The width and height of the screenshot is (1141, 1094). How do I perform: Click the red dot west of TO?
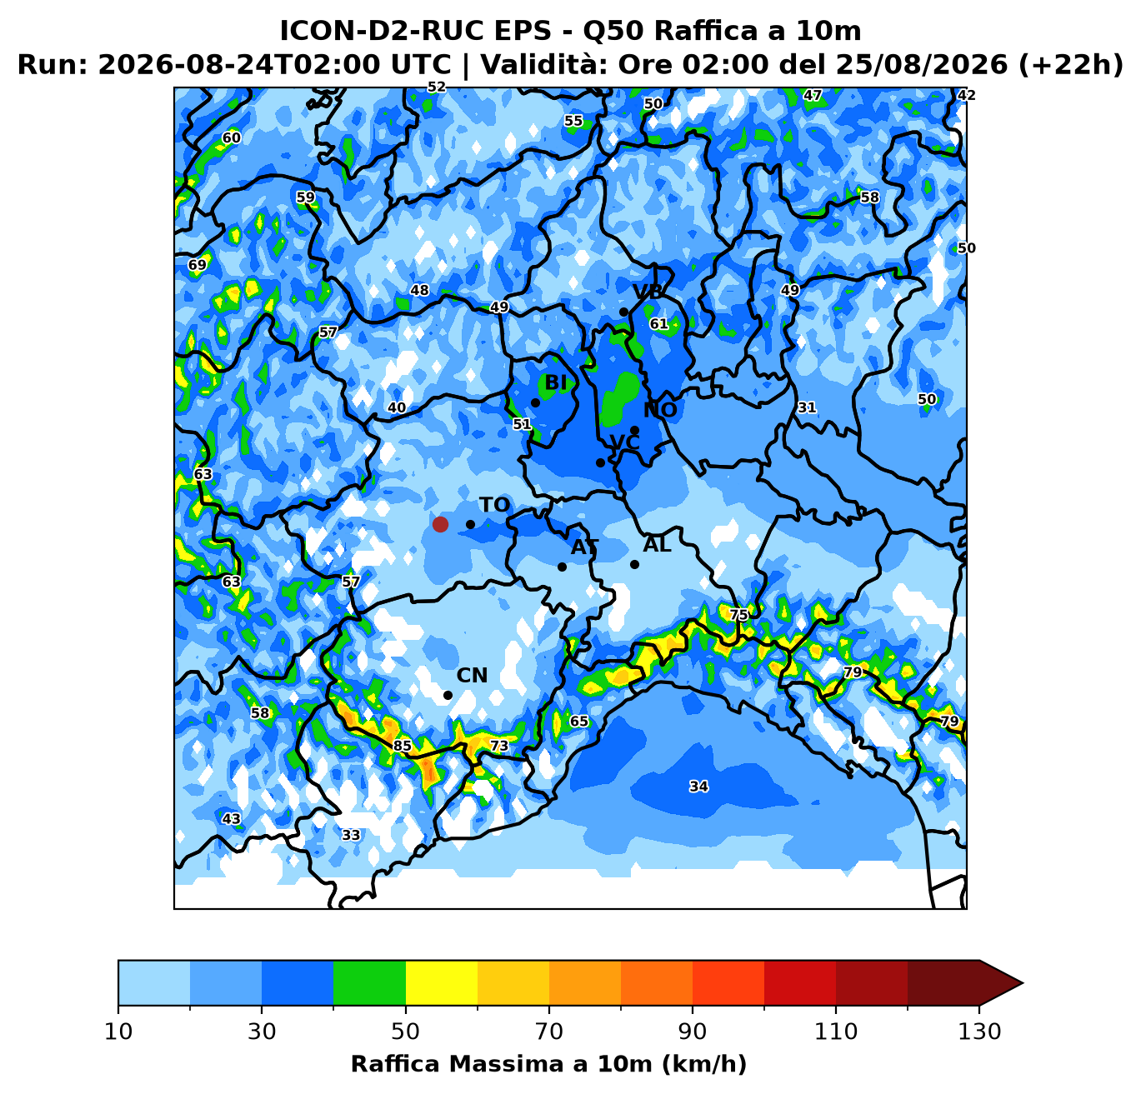(x=440, y=524)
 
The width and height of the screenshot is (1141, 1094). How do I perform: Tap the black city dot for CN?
(x=448, y=695)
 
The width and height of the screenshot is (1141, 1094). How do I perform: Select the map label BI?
(x=555, y=382)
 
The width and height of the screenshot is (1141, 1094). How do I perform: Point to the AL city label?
(x=657, y=545)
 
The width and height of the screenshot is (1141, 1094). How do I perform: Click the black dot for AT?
(x=562, y=567)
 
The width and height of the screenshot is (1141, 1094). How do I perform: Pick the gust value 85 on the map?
(x=402, y=746)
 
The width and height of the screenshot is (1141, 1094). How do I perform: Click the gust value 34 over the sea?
(x=698, y=787)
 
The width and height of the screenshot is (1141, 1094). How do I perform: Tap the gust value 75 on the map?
(x=738, y=615)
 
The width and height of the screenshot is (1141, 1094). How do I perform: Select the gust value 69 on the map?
(x=198, y=265)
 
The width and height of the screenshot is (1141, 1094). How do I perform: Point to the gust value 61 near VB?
(x=658, y=323)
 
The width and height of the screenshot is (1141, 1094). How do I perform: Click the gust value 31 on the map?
(x=807, y=407)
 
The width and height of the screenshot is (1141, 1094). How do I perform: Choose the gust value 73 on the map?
(x=499, y=746)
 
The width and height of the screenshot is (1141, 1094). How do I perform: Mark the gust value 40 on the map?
(x=397, y=407)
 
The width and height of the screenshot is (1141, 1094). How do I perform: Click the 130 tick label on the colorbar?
(x=979, y=1032)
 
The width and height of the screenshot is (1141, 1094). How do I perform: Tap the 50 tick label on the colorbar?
(x=405, y=1032)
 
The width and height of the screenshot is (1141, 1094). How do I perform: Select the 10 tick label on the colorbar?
(x=118, y=1032)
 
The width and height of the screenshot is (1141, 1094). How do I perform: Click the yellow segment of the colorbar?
(x=441, y=982)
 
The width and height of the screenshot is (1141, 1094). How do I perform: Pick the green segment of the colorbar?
(x=369, y=982)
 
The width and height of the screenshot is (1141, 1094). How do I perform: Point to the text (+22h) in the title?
(x=1071, y=64)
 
